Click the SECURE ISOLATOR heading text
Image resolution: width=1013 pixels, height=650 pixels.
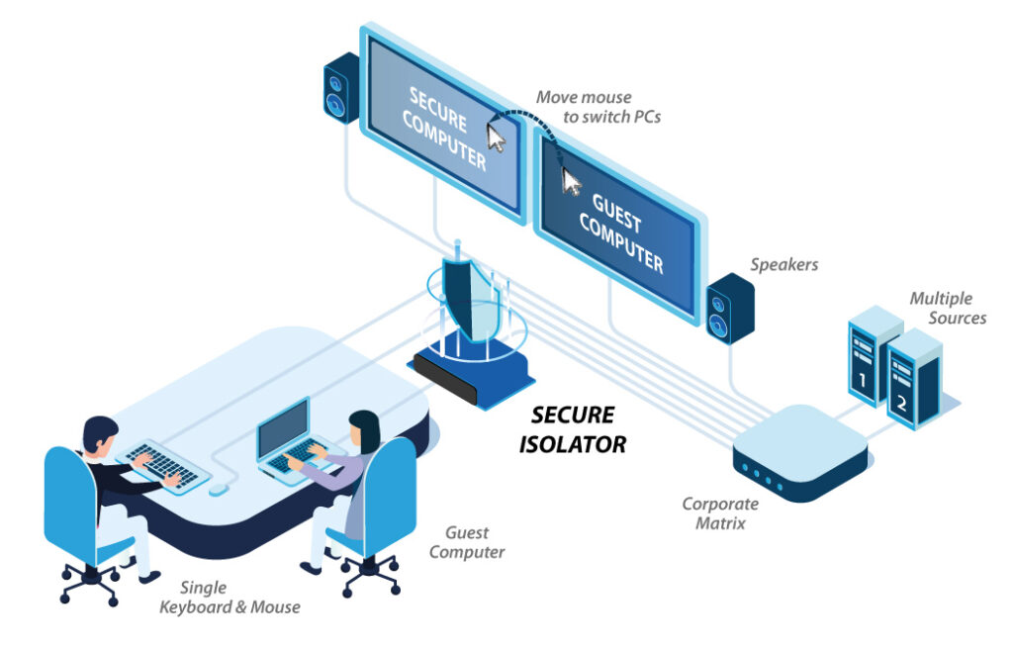(573, 429)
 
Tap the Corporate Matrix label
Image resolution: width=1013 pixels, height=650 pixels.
(719, 512)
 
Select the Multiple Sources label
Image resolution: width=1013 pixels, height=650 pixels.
(947, 308)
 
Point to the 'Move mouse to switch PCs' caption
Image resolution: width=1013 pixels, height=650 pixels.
(598, 106)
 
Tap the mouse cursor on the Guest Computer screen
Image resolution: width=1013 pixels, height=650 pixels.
(571, 181)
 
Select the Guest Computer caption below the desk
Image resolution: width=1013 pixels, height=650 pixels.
(467, 541)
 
